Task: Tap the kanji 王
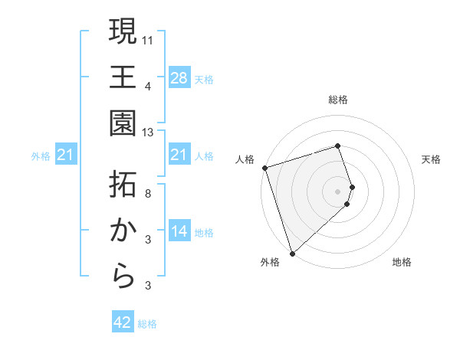tap(123, 77)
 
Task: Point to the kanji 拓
tap(123, 184)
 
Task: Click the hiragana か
tap(123, 231)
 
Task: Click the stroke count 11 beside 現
tap(148, 38)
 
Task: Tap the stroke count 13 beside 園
tap(148, 133)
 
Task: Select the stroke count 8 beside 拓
tap(148, 193)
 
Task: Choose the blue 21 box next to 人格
tap(179, 155)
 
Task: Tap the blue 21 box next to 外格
tap(66, 155)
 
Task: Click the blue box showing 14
tap(179, 231)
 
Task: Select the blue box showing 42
tap(123, 322)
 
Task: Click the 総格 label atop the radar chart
tap(338, 100)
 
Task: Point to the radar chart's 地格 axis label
tap(402, 262)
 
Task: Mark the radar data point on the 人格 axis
tap(264, 168)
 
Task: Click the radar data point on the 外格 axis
tap(292, 252)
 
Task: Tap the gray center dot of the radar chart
tap(338, 190)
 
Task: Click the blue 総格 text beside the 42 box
tap(147, 324)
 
